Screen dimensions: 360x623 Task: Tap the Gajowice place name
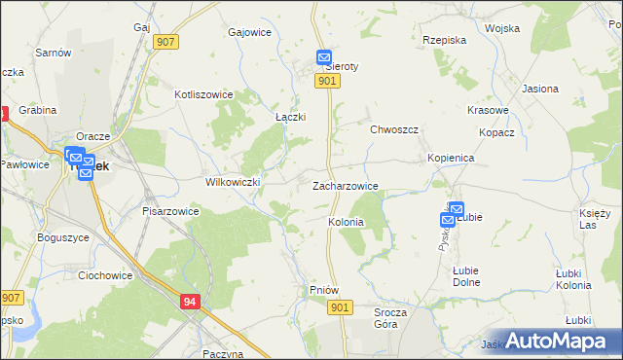248,32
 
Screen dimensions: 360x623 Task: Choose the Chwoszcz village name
393,129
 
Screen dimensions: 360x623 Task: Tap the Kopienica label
450,157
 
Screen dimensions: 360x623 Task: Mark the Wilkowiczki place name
232,182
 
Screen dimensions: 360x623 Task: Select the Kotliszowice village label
202,94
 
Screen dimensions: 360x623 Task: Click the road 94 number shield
190,303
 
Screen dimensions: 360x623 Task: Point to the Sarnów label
53,53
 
